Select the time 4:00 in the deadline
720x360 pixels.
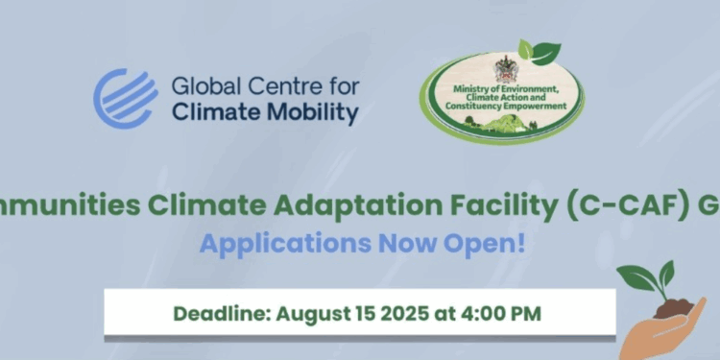pyautogui.click(x=481, y=313)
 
